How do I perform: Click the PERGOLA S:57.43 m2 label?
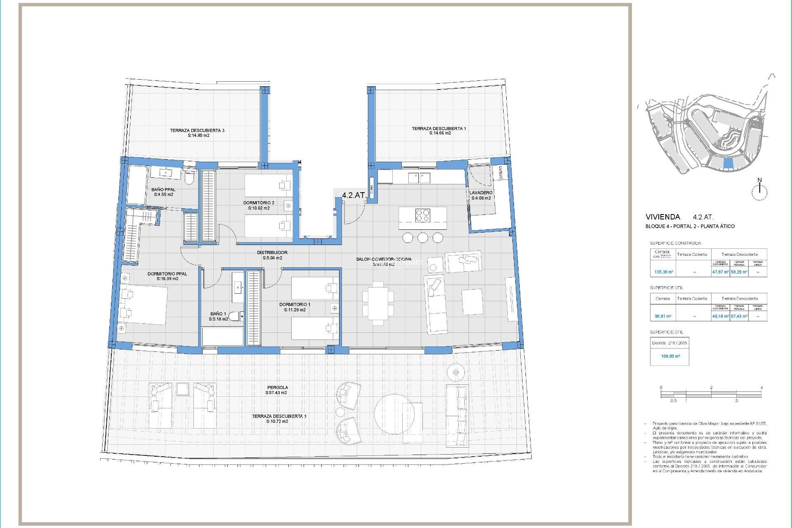click(277, 390)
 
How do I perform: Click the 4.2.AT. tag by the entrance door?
click(354, 195)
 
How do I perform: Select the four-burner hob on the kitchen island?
click(422, 216)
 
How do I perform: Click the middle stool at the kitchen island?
click(422, 238)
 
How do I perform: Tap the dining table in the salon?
click(378, 303)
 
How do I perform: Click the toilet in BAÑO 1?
click(236, 316)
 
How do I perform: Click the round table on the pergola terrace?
click(394, 414)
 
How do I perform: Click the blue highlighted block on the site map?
click(728, 164)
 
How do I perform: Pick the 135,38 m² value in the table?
click(664, 272)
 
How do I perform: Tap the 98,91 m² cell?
click(663, 316)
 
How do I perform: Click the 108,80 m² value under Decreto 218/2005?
click(670, 356)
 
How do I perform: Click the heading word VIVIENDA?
click(662, 217)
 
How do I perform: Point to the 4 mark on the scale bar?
click(761, 388)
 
